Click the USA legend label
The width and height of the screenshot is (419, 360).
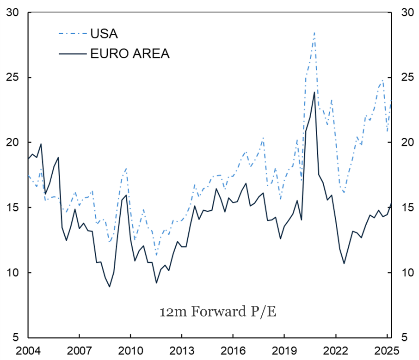(104, 34)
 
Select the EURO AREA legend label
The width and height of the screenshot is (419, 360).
(130, 54)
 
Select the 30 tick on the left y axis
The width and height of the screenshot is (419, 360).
(12, 12)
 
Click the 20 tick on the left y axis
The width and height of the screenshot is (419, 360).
(12, 142)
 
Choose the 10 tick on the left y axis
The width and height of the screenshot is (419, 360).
(12, 273)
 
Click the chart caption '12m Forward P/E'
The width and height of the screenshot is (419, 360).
(218, 312)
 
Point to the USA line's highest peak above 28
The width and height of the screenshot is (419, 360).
(314, 32)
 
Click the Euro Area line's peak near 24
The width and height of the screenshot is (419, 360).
(314, 92)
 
